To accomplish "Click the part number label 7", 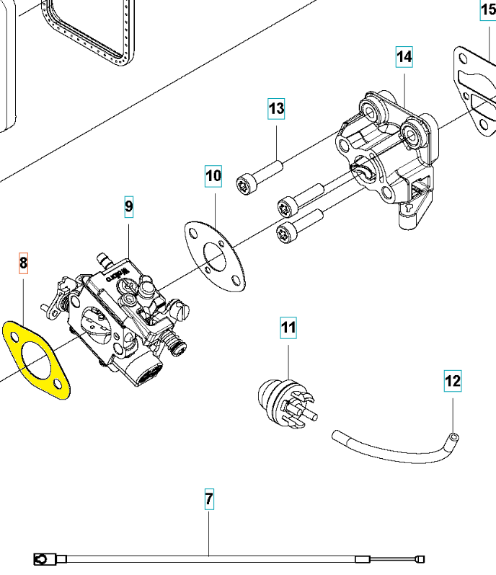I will tap(209, 499).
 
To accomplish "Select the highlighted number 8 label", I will tap(23, 263).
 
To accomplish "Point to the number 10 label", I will tap(213, 175).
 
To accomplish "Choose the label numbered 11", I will tap(288, 328).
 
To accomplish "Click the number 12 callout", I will tap(452, 380).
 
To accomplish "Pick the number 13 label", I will tap(277, 109).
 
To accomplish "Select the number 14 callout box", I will tap(404, 56).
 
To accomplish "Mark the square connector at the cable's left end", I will tap(41, 558).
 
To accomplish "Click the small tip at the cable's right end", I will tap(421, 558).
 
